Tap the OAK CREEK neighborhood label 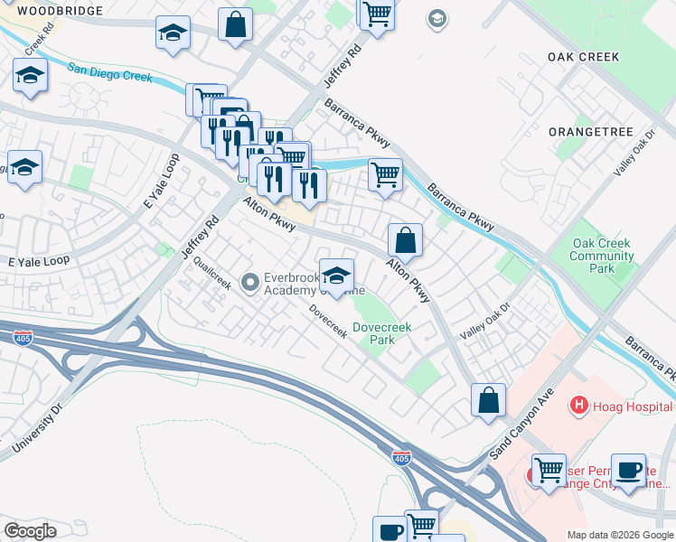click(x=583, y=57)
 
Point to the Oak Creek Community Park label click(x=601, y=256)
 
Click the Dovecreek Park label click(x=373, y=334)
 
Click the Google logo click(x=30, y=530)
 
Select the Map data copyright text click(x=619, y=535)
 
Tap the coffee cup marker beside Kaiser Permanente click(x=628, y=470)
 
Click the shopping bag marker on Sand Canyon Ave click(x=488, y=399)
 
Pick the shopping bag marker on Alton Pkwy click(x=406, y=240)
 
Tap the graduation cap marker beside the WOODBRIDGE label click(x=173, y=33)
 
